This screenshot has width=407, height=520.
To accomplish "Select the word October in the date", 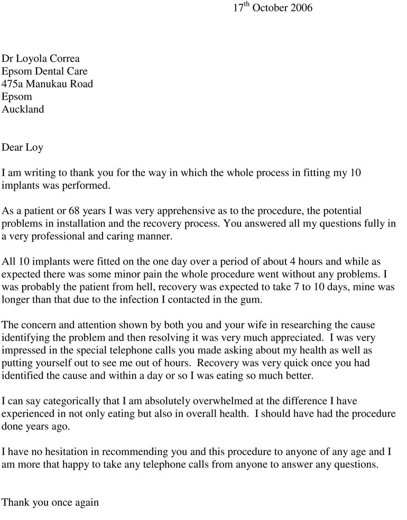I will point(270,8).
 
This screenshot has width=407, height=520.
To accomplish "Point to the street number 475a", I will point(13,84).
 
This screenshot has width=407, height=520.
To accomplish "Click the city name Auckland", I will point(23,110).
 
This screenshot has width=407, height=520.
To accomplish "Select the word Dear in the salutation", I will point(12,148).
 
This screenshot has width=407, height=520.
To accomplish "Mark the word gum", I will point(252,300).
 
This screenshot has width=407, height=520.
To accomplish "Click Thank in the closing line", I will point(16,503).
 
